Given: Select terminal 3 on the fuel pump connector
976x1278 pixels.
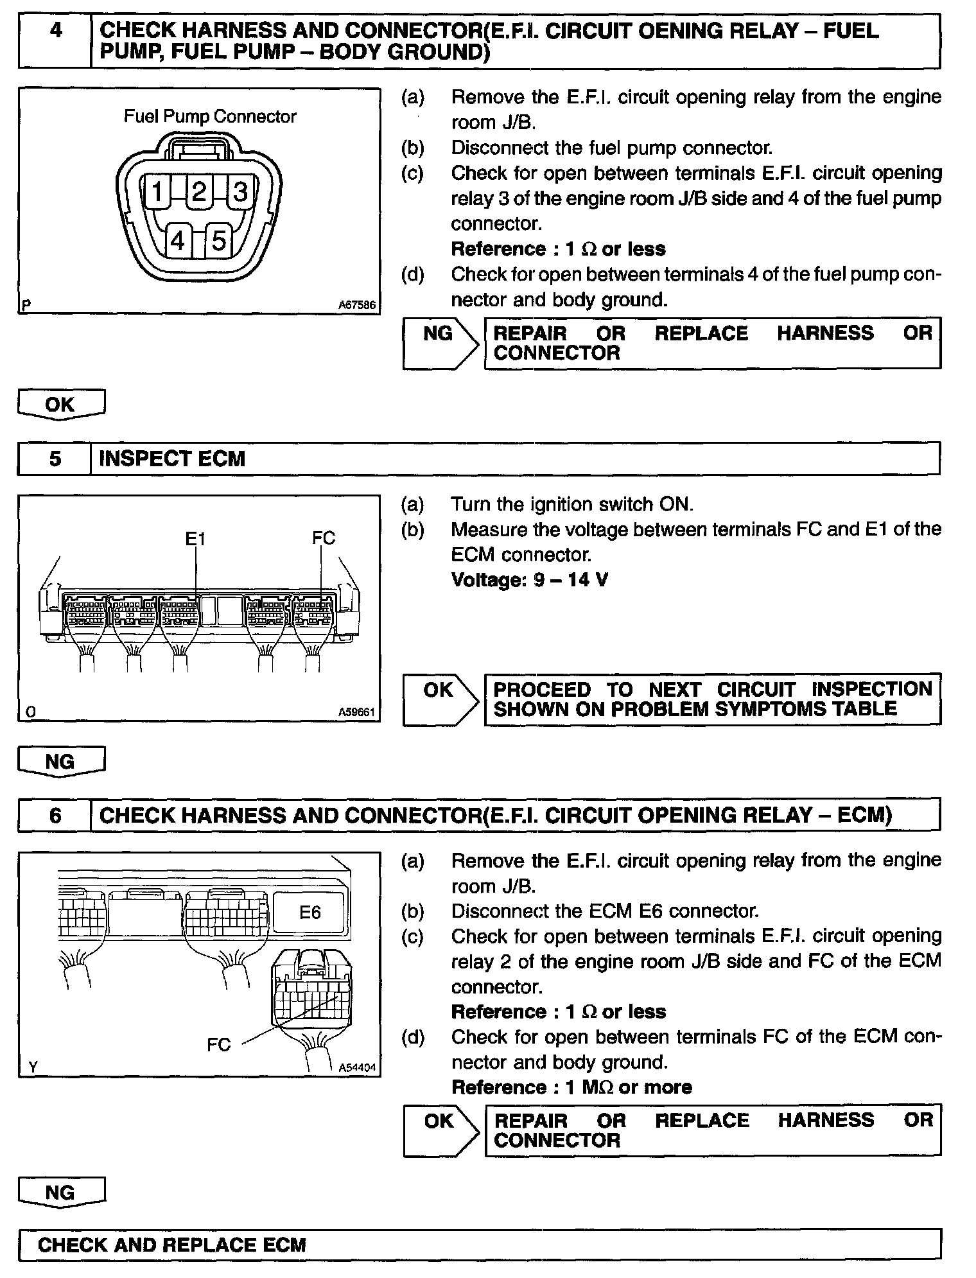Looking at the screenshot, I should click(240, 191).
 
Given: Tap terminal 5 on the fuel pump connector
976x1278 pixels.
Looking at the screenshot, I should click(218, 241).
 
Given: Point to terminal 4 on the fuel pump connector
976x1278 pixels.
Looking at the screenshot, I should click(178, 241).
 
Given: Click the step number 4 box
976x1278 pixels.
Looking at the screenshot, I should click(55, 41).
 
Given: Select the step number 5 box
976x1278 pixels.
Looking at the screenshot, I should click(55, 459).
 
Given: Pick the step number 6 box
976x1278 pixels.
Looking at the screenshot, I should click(55, 815).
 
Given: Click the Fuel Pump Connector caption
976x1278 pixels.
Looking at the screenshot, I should click(210, 116).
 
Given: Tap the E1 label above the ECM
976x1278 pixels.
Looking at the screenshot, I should click(195, 538).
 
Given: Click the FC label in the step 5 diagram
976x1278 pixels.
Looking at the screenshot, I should click(324, 538).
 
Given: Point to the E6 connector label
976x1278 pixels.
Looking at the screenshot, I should click(310, 912).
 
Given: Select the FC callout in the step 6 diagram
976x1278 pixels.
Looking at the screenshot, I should click(218, 1045).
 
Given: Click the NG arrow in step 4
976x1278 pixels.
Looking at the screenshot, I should click(440, 343).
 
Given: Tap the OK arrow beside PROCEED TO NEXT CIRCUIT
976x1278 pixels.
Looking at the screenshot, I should click(440, 699).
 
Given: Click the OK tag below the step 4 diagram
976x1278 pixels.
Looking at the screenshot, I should click(61, 405).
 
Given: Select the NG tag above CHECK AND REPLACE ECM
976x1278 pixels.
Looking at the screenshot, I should click(61, 1193).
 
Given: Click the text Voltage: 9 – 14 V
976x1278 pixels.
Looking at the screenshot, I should click(530, 580).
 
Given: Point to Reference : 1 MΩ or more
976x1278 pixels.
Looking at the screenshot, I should click(571, 1087).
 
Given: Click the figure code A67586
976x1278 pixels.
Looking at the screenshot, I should click(357, 305).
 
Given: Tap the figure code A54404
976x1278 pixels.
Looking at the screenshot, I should click(357, 1067).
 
